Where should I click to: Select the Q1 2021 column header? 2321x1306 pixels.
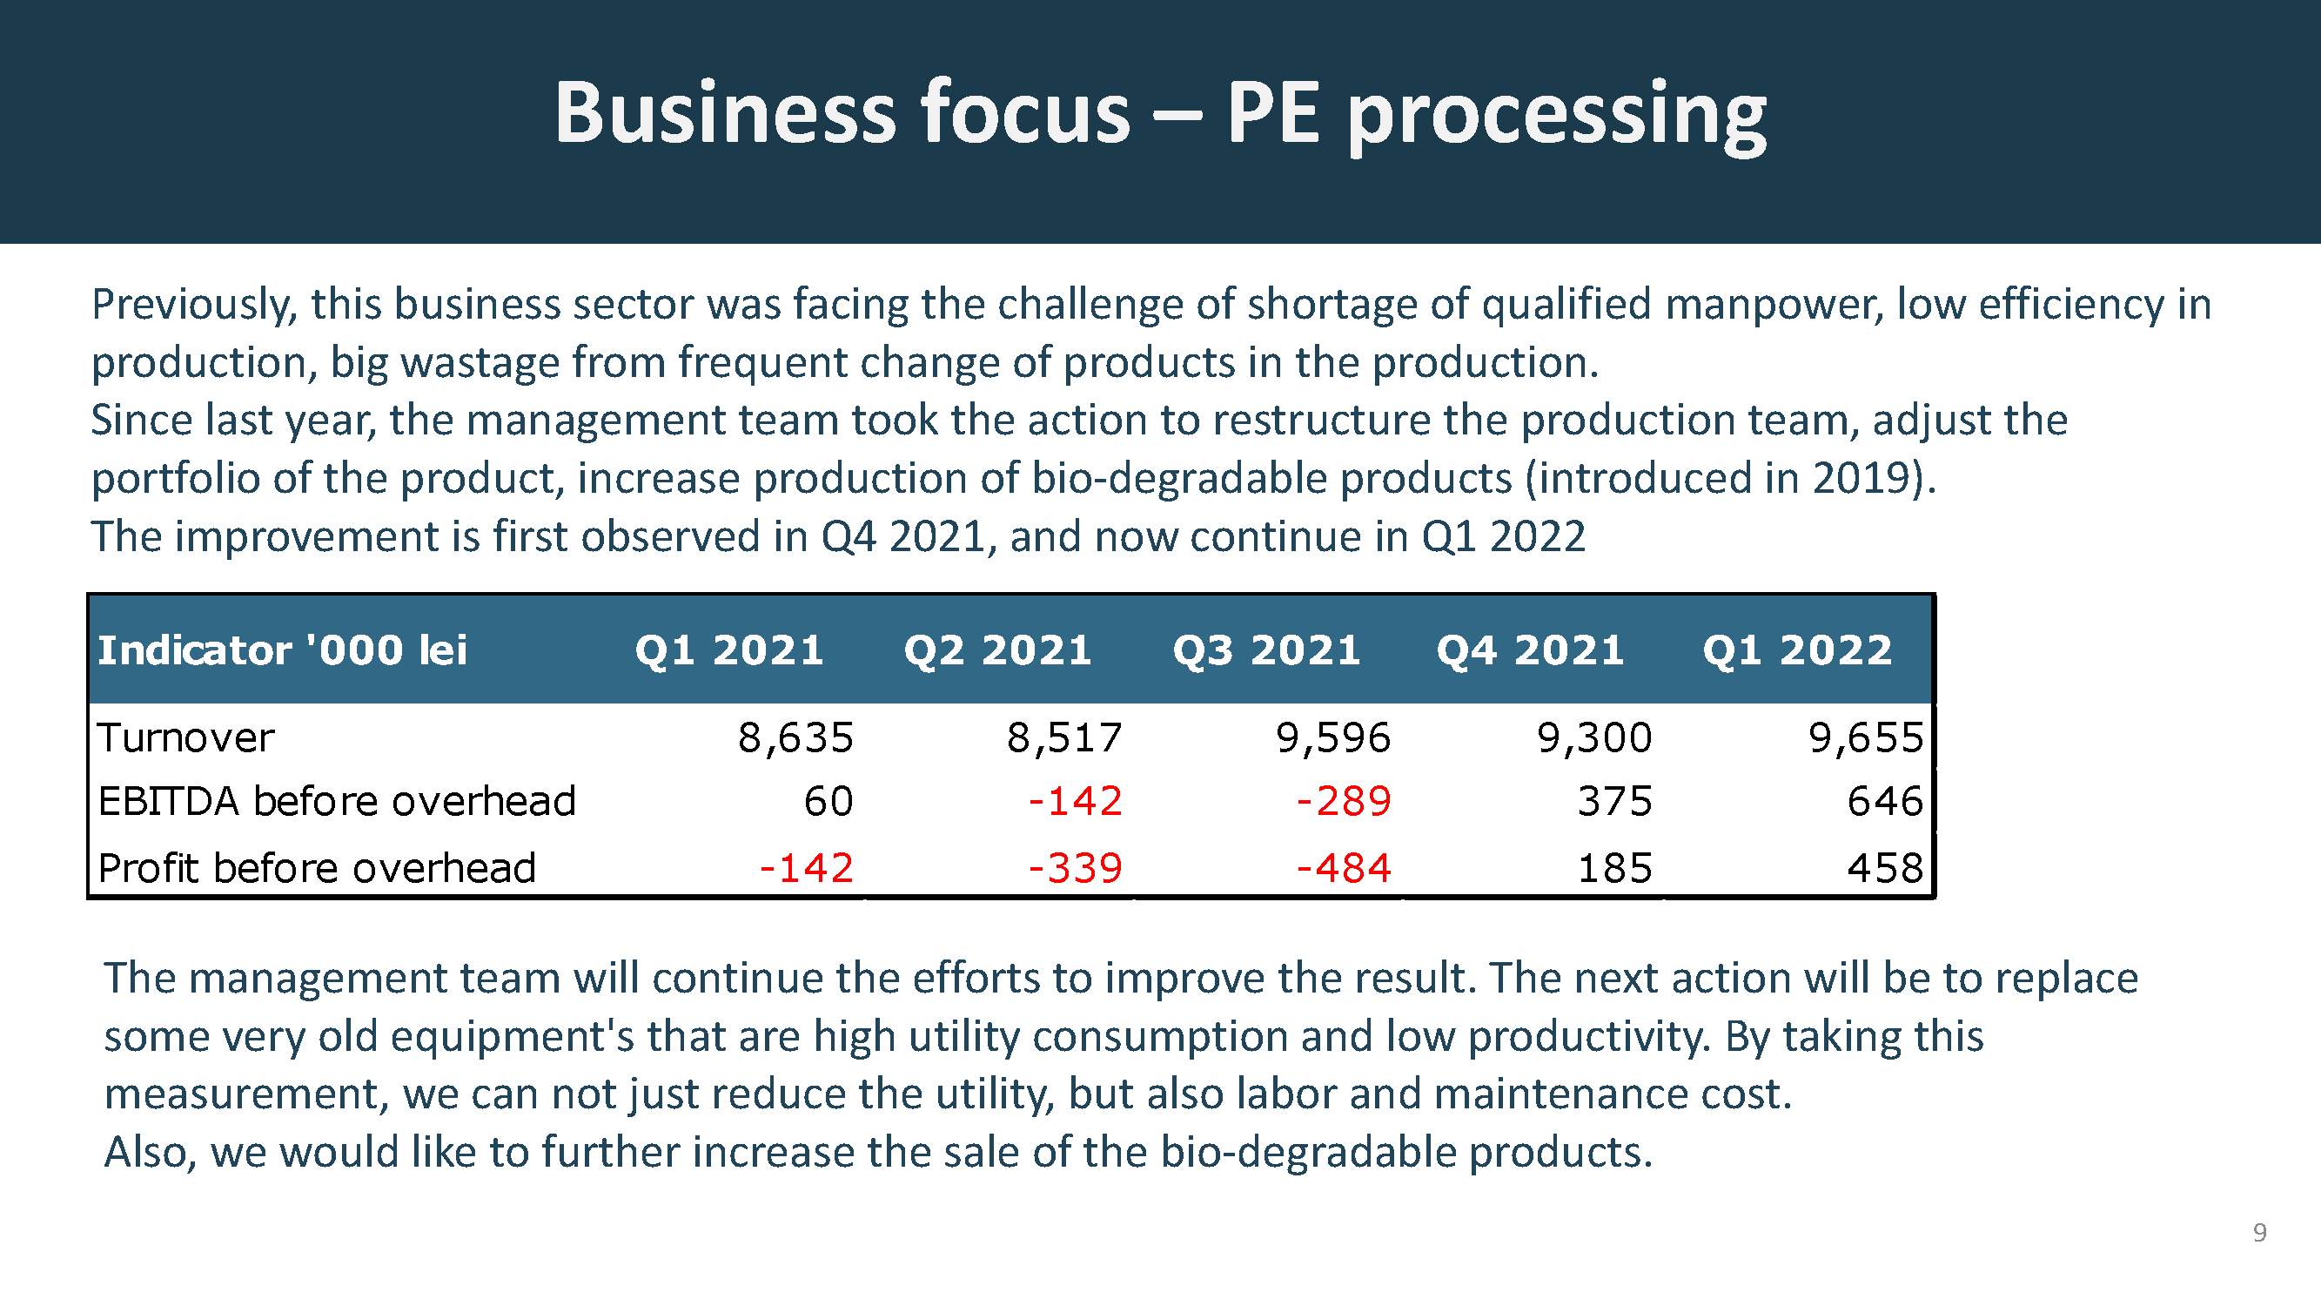[729, 650]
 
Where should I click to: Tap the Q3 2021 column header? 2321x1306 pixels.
[1266, 650]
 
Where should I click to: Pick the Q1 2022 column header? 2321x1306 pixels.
[1796, 650]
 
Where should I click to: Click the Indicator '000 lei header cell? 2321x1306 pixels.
[282, 650]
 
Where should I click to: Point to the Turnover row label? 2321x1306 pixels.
[185, 738]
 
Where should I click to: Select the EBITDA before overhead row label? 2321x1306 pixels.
[336, 801]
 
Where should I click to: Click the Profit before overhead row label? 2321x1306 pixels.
[317, 868]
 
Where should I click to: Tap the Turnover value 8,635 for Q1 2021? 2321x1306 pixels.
[795, 738]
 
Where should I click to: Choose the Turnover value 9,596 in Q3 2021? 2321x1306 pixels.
[1332, 738]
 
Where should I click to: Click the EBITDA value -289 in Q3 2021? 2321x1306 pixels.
[1343, 801]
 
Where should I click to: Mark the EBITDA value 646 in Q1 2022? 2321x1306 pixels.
[1884, 801]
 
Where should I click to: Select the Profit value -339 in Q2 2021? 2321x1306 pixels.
[1074, 868]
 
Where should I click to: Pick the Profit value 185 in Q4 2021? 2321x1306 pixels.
[1613, 868]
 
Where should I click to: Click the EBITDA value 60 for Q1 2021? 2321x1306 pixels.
[828, 801]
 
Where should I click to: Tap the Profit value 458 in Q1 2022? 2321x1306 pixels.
[1884, 868]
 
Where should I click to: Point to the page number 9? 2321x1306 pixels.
[2259, 1232]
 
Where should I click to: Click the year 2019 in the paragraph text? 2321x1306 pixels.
[1859, 478]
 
